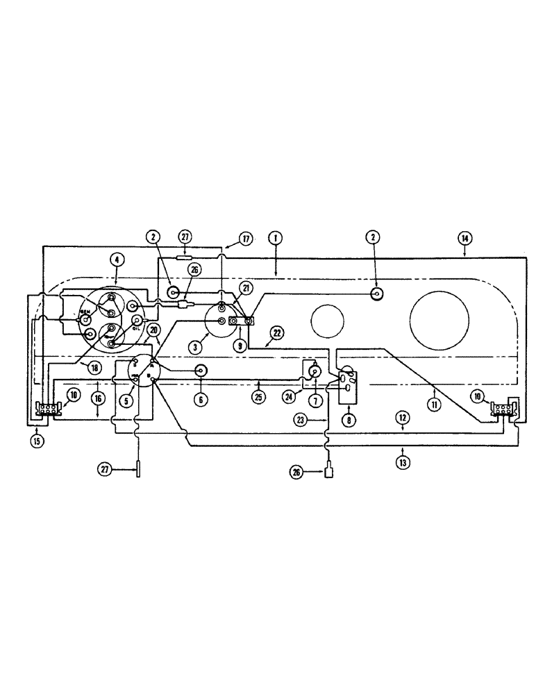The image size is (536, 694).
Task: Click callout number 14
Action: pyautogui.click(x=464, y=237)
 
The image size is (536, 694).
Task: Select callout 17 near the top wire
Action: pyautogui.click(x=245, y=238)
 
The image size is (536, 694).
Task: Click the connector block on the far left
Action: pyautogui.click(x=47, y=409)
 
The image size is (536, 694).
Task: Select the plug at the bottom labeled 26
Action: pyautogui.click(x=329, y=473)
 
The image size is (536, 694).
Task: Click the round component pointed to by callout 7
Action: pyautogui.click(x=313, y=372)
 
